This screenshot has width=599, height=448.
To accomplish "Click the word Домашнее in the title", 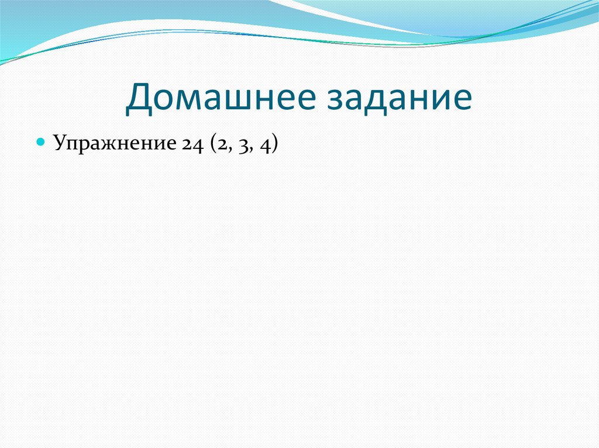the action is click(x=221, y=98).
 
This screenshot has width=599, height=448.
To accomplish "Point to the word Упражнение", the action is click(x=115, y=144).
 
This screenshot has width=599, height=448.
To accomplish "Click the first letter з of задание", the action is click(x=336, y=99).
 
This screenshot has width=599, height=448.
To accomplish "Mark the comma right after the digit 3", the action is click(x=250, y=150).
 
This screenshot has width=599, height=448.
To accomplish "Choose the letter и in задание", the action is click(x=437, y=99).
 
